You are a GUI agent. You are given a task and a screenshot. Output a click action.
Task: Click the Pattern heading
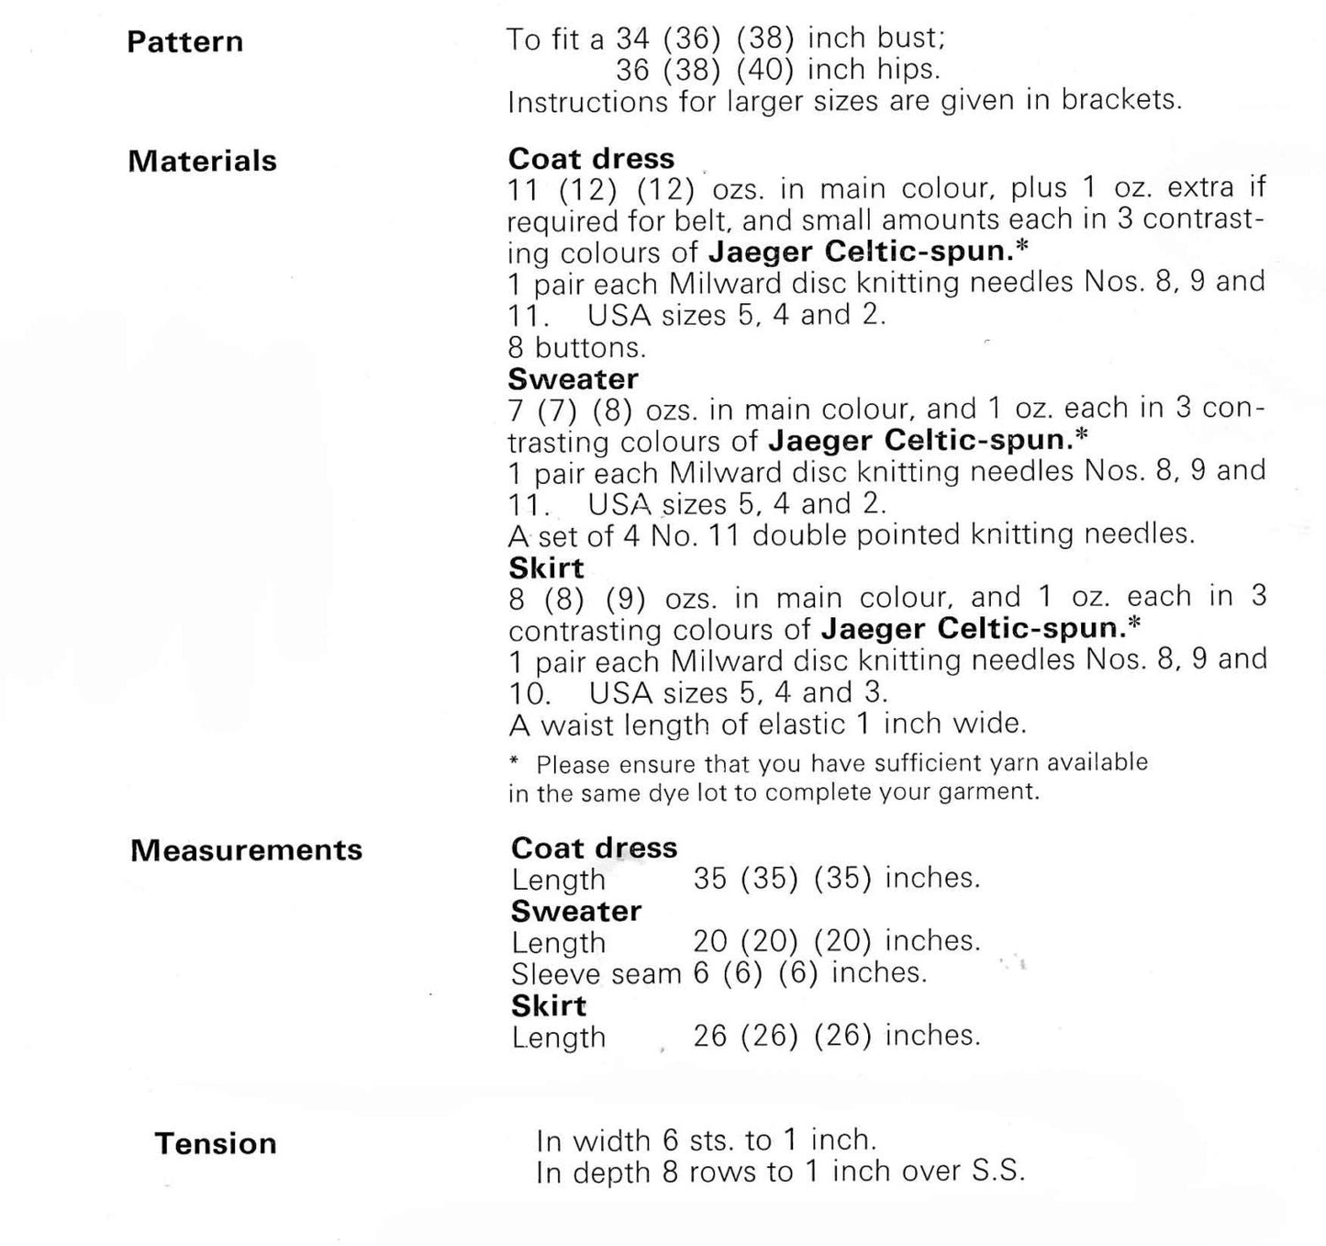[184, 42]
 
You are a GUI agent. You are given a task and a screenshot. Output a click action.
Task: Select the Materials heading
[202, 162]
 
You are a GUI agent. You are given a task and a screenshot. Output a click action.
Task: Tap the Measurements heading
[246, 850]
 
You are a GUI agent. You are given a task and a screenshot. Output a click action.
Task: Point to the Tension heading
[216, 1144]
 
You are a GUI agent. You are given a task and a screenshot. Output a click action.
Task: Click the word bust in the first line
[910, 39]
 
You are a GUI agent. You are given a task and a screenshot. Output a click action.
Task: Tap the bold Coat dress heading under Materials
[591, 159]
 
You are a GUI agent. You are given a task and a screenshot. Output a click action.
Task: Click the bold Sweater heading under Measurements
[576, 912]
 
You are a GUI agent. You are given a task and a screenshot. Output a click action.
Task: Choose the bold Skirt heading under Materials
[546, 568]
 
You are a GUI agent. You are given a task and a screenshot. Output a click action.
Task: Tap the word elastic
[801, 724]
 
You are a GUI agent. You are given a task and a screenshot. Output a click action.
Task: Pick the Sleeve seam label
[596, 974]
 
